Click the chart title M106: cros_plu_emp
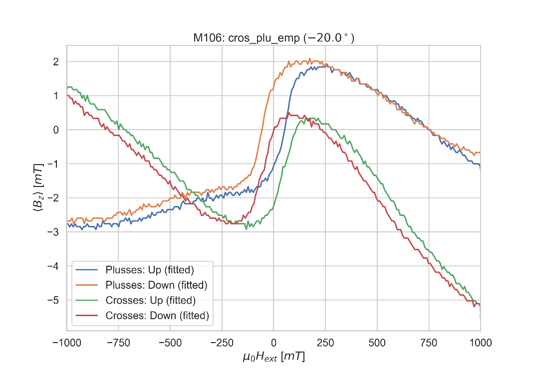pos(273,38)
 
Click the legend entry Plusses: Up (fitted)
pos(150,270)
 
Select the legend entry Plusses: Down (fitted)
pos(156,285)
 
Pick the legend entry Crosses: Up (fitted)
pos(150,300)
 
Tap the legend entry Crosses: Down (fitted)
pos(157,316)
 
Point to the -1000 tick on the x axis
pos(67,343)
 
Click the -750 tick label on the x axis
pos(118,343)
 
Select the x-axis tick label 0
pos(273,343)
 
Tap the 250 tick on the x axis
pos(325,343)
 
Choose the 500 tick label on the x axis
pos(377,343)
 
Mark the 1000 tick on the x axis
pos(480,343)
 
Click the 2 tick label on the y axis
pos(56,62)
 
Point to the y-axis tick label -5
pos(53,300)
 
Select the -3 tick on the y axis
pos(53,232)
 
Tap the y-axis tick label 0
pos(56,130)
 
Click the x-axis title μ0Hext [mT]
pos(273,357)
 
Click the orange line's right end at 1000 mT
pos(480,152)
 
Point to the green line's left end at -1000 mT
pos(67,87)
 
